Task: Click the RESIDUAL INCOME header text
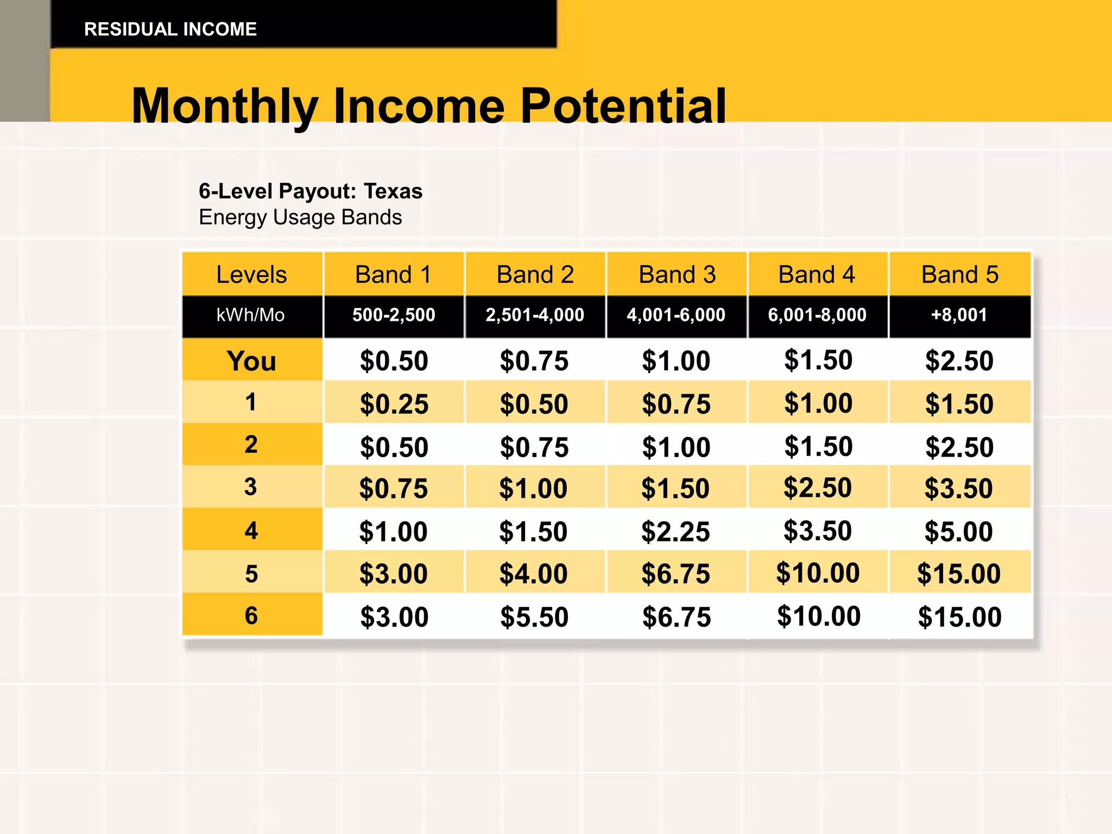pos(170,29)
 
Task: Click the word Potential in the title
pos(623,106)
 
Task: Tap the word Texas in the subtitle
pos(393,191)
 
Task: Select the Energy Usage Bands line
pos(300,217)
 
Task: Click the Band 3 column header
pos(677,275)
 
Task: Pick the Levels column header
pos(251,275)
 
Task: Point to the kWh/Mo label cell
pos(250,315)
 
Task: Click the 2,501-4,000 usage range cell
pos(535,315)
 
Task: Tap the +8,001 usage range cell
pos(959,315)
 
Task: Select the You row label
pos(251,361)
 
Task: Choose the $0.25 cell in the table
pos(394,404)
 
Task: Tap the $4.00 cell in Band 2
pos(533,574)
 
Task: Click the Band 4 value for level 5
pos(818,573)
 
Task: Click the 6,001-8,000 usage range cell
pos(817,315)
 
